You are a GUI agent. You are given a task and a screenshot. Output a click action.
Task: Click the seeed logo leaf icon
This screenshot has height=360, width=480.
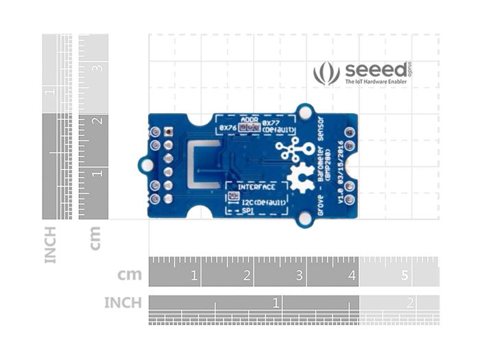pyautogui.click(x=326, y=73)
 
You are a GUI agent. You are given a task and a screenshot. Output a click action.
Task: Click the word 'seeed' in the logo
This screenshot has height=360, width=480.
pyautogui.click(x=374, y=70)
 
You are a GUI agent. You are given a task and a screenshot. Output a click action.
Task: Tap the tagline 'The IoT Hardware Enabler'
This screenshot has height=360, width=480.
pyautogui.click(x=375, y=82)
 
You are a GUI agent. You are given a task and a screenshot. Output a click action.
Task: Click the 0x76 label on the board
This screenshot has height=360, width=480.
pyautogui.click(x=228, y=128)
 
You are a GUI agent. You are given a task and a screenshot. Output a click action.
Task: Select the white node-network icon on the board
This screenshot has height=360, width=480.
pyautogui.click(x=294, y=149)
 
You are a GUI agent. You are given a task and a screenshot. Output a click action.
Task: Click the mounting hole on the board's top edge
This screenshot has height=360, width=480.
pyautogui.click(x=304, y=111)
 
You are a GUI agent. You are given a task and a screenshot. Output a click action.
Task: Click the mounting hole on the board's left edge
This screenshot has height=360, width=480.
pyautogui.click(x=145, y=165)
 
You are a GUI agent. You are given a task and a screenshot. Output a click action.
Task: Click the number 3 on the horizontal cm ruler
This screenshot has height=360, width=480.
pyautogui.click(x=300, y=276)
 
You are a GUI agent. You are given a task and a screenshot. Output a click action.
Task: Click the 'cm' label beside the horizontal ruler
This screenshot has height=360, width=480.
pyautogui.click(x=129, y=276)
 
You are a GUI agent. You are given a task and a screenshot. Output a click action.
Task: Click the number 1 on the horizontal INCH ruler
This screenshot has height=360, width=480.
pyautogui.click(x=276, y=302)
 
